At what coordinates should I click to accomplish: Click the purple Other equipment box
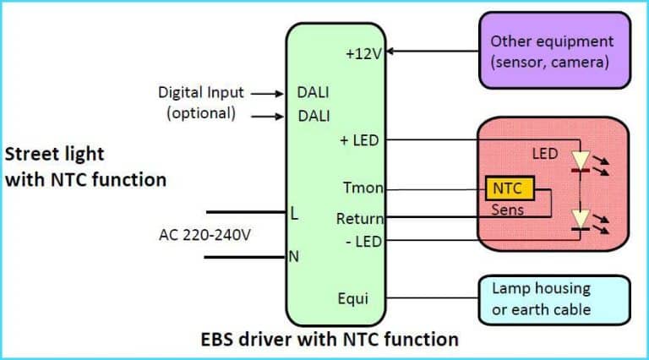[554, 50]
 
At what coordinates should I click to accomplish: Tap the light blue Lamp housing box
[554, 299]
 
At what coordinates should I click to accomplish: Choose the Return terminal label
[360, 218]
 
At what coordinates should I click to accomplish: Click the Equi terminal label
[352, 297]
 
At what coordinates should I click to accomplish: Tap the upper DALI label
[314, 93]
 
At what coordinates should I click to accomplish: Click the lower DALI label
[314, 116]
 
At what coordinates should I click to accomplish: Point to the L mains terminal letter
[294, 215]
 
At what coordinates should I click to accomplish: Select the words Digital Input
[201, 92]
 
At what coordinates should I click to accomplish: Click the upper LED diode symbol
[581, 160]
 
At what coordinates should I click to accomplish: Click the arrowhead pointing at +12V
[391, 52]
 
